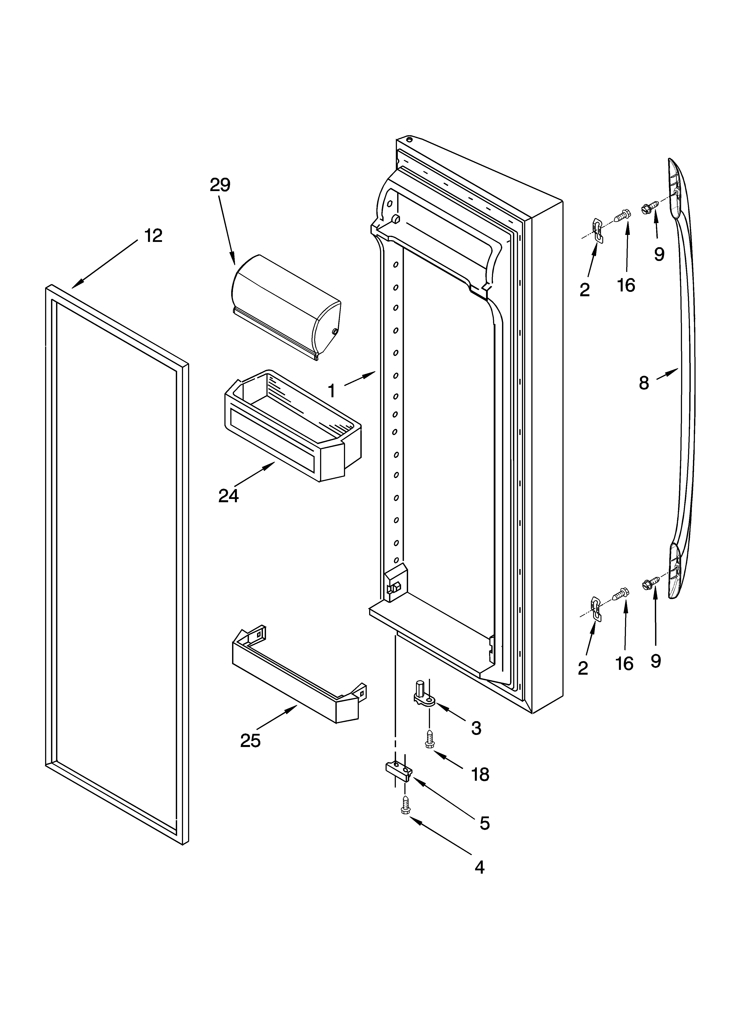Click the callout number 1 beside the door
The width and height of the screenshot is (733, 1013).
click(331, 391)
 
